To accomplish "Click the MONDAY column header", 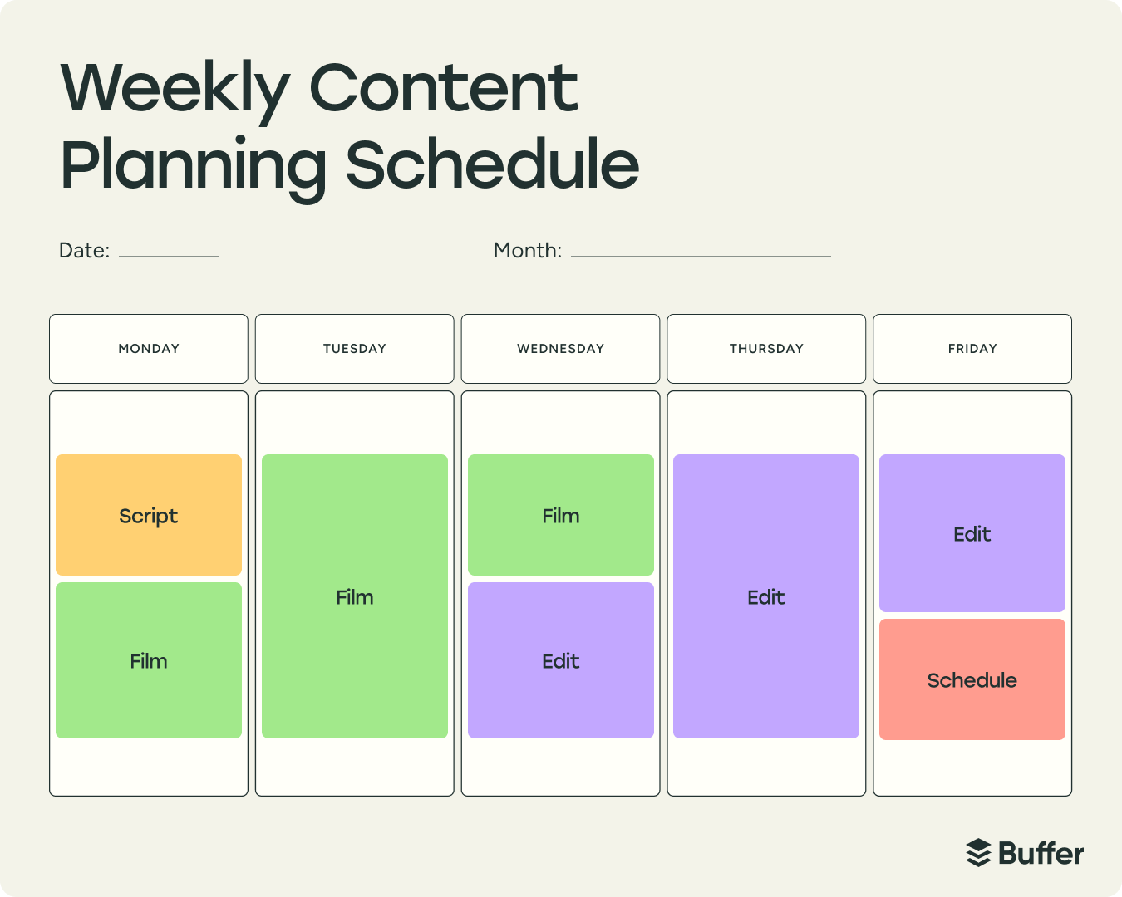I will (149, 349).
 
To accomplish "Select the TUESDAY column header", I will (355, 349).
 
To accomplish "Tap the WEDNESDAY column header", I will (561, 349).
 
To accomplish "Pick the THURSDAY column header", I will (766, 349).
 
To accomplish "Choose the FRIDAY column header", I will (972, 349).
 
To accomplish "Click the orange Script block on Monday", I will (149, 515).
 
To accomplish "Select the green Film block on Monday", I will (149, 660).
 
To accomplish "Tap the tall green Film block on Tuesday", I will (355, 596).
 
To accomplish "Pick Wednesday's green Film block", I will (561, 515).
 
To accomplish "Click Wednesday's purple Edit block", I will (561, 660).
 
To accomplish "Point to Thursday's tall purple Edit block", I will (766, 596).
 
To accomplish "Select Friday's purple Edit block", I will (972, 533).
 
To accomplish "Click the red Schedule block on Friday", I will (972, 679).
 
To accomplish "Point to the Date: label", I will (84, 251).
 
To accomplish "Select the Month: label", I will (528, 251).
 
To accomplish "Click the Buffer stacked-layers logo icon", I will (979, 853).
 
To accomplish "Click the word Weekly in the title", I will (175, 90).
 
